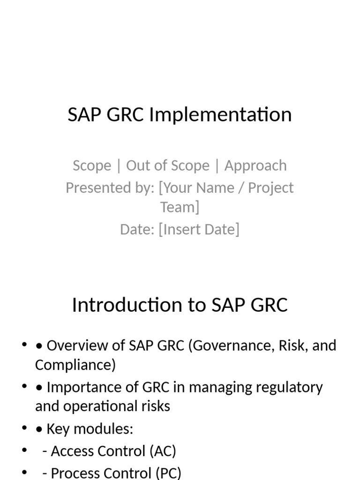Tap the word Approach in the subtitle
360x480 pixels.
coord(255,165)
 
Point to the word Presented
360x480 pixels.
coord(97,188)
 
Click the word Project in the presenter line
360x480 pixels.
coord(271,188)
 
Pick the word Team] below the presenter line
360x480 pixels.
coord(180,207)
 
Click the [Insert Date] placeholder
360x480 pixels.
coord(199,230)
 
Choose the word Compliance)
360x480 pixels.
coord(75,365)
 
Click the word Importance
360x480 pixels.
coord(81,388)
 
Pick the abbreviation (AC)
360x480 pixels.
coord(163,451)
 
